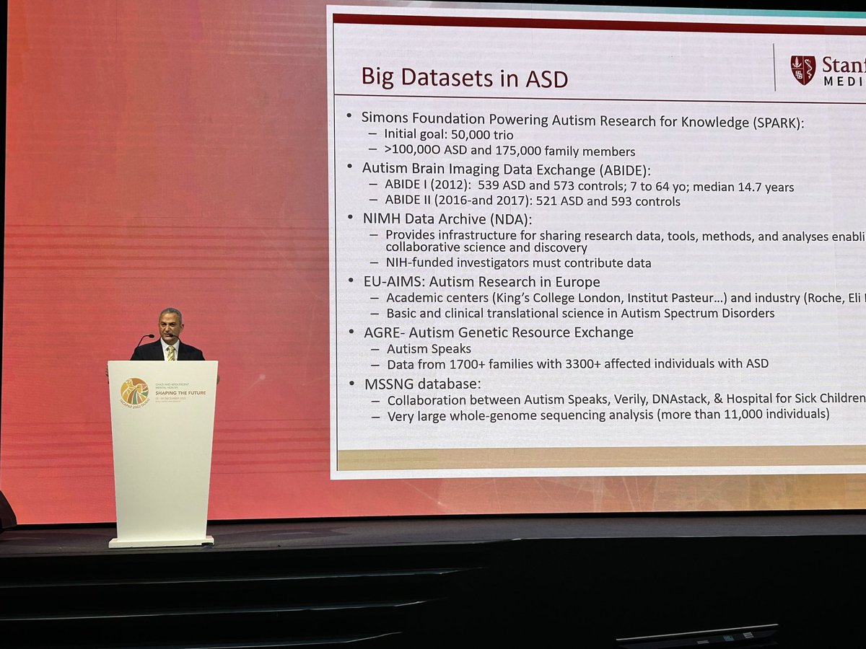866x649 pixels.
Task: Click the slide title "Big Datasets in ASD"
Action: click(x=464, y=77)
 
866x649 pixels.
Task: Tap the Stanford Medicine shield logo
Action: click(x=802, y=70)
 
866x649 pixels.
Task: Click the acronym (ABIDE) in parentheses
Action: click(x=614, y=169)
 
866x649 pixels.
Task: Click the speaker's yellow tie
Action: click(x=171, y=353)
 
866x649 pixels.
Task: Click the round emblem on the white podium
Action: click(x=134, y=392)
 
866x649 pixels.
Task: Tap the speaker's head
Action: click(x=170, y=323)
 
